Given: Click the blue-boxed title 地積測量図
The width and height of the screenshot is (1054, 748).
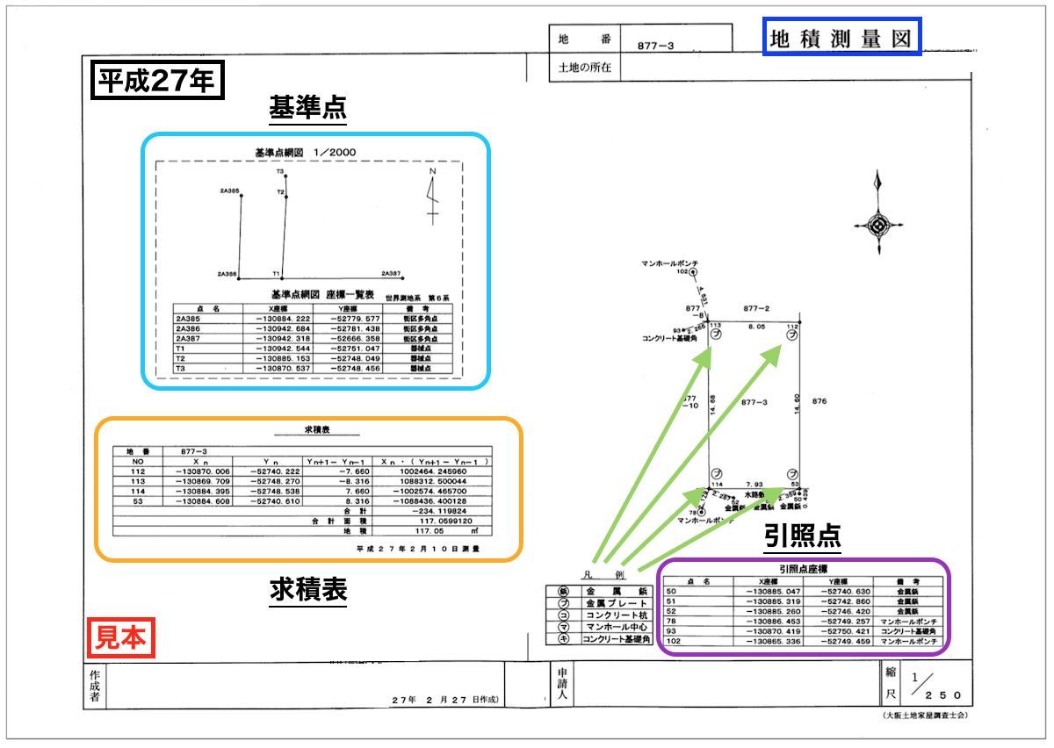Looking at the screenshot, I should click(x=842, y=40).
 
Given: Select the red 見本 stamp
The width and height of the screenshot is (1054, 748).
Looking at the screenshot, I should click(x=121, y=637).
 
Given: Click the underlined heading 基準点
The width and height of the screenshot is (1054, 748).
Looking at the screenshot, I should click(x=307, y=108).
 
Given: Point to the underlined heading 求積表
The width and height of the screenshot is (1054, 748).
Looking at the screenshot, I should click(x=307, y=590).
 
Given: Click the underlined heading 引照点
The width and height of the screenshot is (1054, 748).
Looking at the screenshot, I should click(x=803, y=536).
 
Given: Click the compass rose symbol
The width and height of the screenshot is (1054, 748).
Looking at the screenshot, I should click(x=877, y=224).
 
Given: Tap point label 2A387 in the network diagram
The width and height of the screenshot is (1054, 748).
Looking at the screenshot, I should click(x=391, y=274).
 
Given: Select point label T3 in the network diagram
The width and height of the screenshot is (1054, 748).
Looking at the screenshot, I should click(x=278, y=172).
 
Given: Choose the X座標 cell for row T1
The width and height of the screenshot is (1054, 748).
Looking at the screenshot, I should click(x=282, y=349).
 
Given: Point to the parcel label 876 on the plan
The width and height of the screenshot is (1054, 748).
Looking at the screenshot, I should click(x=820, y=401).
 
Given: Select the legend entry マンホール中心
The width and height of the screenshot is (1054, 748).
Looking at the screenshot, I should click(x=617, y=627).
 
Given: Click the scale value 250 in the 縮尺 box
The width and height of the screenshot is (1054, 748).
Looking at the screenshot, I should click(x=931, y=693).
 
